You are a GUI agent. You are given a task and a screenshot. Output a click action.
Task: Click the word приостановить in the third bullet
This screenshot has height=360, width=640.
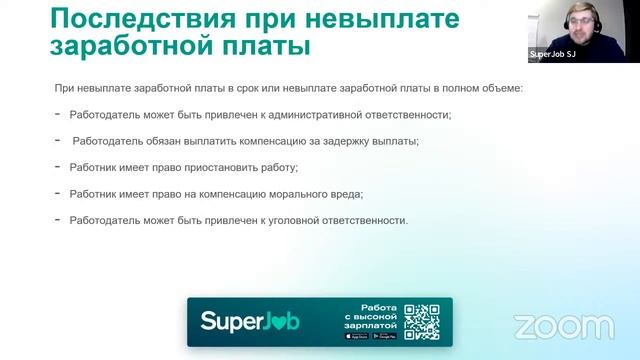point(221,167)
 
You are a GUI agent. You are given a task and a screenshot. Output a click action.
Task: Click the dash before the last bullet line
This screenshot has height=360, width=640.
point(58,219)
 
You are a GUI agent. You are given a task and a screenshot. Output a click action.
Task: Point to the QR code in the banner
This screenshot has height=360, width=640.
point(422,321)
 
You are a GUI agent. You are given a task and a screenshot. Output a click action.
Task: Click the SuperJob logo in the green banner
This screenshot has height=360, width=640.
point(250,322)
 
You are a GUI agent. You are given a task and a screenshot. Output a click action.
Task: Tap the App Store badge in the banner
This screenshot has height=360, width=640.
point(355,336)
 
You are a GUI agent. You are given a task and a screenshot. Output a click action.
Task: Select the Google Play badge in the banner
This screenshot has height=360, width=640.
point(383,336)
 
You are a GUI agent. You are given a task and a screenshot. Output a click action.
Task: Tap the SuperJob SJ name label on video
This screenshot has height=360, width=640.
point(552,55)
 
